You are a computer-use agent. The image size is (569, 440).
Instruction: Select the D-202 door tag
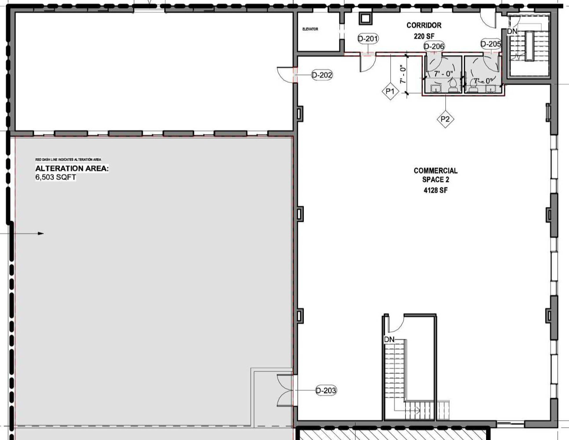[x=322, y=75]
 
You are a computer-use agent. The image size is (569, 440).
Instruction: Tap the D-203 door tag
[x=326, y=390]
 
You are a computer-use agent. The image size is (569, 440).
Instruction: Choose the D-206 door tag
[x=434, y=46]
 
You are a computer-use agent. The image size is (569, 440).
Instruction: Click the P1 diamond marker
[x=390, y=91]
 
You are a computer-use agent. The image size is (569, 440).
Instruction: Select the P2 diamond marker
[x=445, y=119]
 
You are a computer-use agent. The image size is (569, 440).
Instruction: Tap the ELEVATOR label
[x=310, y=29]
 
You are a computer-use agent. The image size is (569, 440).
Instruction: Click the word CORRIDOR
[x=424, y=25]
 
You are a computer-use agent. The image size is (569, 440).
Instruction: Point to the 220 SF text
[x=424, y=36]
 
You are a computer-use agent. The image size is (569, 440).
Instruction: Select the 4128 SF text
[x=435, y=190]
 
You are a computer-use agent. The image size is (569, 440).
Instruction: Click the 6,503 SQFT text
[x=55, y=177]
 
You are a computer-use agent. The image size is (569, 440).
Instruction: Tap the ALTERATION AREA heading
[x=72, y=168]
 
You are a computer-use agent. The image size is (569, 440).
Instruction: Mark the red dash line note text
[x=68, y=159]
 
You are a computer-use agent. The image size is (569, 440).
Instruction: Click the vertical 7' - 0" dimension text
[x=403, y=74]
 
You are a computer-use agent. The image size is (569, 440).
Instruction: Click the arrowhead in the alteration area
[x=41, y=233]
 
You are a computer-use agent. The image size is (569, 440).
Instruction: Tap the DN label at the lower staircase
[x=389, y=339]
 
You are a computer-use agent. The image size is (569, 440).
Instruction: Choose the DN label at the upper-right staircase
[x=512, y=31]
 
